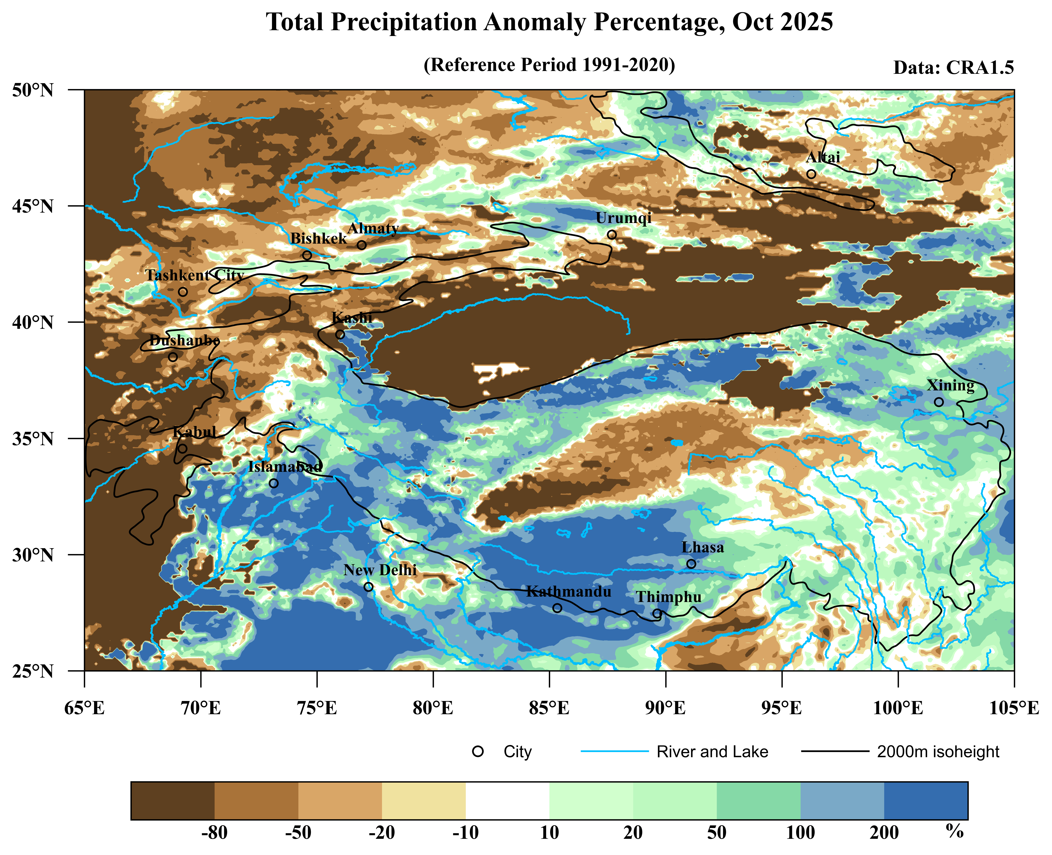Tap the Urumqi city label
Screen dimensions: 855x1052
tap(624, 218)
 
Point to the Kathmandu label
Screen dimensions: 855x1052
tap(569, 592)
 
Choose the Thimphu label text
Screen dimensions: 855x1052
tap(668, 597)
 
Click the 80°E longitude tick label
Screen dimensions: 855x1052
tap(433, 708)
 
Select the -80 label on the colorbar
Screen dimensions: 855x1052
tap(215, 832)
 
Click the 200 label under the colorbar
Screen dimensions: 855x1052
tap(884, 832)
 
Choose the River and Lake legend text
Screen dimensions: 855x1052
tap(712, 752)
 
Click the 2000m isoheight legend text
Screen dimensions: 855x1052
tap(938, 752)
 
